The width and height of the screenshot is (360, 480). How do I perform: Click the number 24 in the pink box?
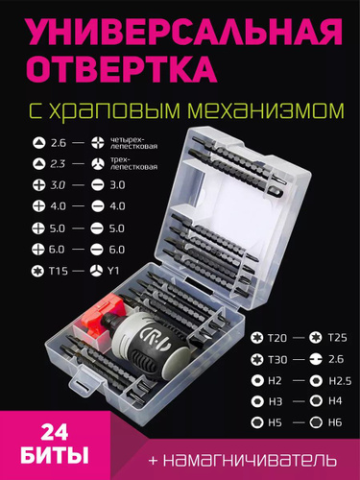pyautogui.click(x=55, y=433)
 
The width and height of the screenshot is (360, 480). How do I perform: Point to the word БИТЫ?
pyautogui.click(x=55, y=455)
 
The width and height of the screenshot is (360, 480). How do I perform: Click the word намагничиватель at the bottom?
pyautogui.click(x=250, y=460)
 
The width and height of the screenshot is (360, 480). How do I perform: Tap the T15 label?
pyautogui.click(x=59, y=271)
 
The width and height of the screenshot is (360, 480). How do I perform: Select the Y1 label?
pyautogui.click(x=113, y=271)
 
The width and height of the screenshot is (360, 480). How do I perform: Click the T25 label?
pyautogui.click(x=338, y=338)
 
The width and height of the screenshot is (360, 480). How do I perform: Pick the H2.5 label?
pyautogui.click(x=340, y=381)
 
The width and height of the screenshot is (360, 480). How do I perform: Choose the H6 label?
pyautogui.click(x=335, y=422)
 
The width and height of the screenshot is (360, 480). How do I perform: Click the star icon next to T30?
pyautogui.click(x=256, y=359)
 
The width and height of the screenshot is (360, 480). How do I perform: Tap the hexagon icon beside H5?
pyautogui.click(x=257, y=422)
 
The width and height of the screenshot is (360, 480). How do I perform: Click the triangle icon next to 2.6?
pyautogui.click(x=38, y=142)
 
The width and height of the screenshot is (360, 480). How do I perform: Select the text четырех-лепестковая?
pyautogui.click(x=133, y=143)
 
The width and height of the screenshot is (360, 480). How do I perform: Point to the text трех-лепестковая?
pyautogui.click(x=133, y=163)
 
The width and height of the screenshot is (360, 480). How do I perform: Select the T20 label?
pyautogui.click(x=277, y=338)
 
